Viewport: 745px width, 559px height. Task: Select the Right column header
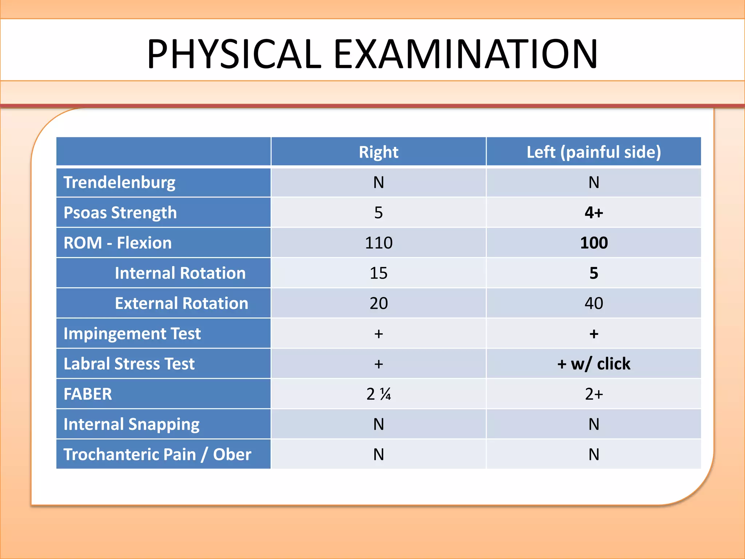pos(378,152)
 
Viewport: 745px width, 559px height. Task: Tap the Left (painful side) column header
pos(594,152)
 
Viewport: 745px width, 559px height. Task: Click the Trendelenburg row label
pos(119,182)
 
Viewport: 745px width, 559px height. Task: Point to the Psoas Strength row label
pos(120,213)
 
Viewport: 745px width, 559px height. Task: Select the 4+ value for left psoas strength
pos(594,213)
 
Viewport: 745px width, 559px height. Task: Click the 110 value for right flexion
pos(378,243)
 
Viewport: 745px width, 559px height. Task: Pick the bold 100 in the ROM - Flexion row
pos(594,243)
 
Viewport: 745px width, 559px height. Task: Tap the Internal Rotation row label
pos(180,273)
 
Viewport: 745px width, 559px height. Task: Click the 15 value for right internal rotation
pos(378,273)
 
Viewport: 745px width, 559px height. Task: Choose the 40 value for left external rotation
pos(594,303)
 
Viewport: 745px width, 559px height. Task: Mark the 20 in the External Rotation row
pos(378,303)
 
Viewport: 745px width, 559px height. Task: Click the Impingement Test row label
pos(132,333)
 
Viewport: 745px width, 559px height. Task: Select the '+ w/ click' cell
pos(594,364)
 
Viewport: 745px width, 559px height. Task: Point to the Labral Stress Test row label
pos(129,364)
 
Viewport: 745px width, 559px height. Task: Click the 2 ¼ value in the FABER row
pos(378,394)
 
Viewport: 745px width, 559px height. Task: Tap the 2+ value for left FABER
pos(594,394)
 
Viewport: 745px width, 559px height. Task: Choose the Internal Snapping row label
pos(131,424)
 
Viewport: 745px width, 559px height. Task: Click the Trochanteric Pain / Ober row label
pos(157,454)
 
